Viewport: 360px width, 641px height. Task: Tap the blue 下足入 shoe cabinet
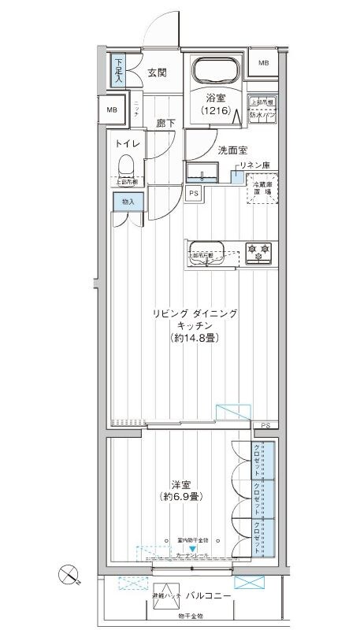[x=118, y=72]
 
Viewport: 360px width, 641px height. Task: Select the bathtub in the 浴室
[x=215, y=72]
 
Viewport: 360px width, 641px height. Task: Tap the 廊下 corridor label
[x=165, y=123]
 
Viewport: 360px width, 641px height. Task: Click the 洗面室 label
[x=232, y=149]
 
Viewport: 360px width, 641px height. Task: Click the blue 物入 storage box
[x=127, y=202]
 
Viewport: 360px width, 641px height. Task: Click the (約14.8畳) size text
[x=193, y=338]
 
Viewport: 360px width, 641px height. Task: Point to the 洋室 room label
[x=181, y=484]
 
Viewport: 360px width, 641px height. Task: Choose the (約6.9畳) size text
[x=180, y=498]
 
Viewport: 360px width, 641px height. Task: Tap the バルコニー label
[x=209, y=596]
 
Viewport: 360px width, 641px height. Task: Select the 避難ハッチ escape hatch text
[x=166, y=597]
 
